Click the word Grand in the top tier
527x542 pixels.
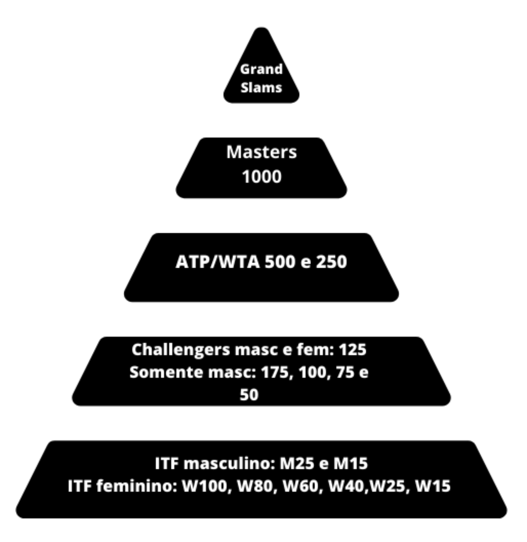[x=261, y=69]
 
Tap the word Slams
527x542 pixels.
[x=261, y=88]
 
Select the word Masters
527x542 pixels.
[x=261, y=152]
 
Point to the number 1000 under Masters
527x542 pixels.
[x=261, y=177]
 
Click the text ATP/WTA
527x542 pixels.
[x=218, y=262]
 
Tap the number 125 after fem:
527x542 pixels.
[x=352, y=350]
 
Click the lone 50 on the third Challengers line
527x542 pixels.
[x=249, y=395]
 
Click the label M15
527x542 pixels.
[x=350, y=464]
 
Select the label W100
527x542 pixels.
[x=204, y=487]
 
